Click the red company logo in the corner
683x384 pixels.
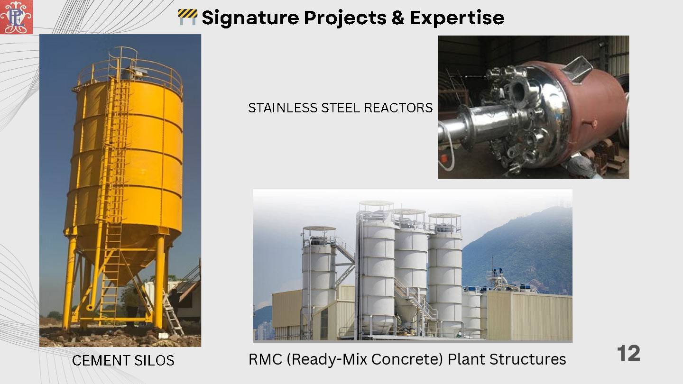[x=17, y=17]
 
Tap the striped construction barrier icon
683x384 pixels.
[x=187, y=17]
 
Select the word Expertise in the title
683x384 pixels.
[x=457, y=18]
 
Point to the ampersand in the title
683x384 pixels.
[x=398, y=18]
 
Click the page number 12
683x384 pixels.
[x=628, y=353]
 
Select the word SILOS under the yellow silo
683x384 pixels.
[x=154, y=360]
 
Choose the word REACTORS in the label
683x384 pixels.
[x=398, y=108]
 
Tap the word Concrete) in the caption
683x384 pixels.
[x=407, y=359]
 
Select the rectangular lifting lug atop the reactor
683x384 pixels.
[x=577, y=70]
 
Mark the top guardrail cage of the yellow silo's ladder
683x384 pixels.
[x=123, y=61]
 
